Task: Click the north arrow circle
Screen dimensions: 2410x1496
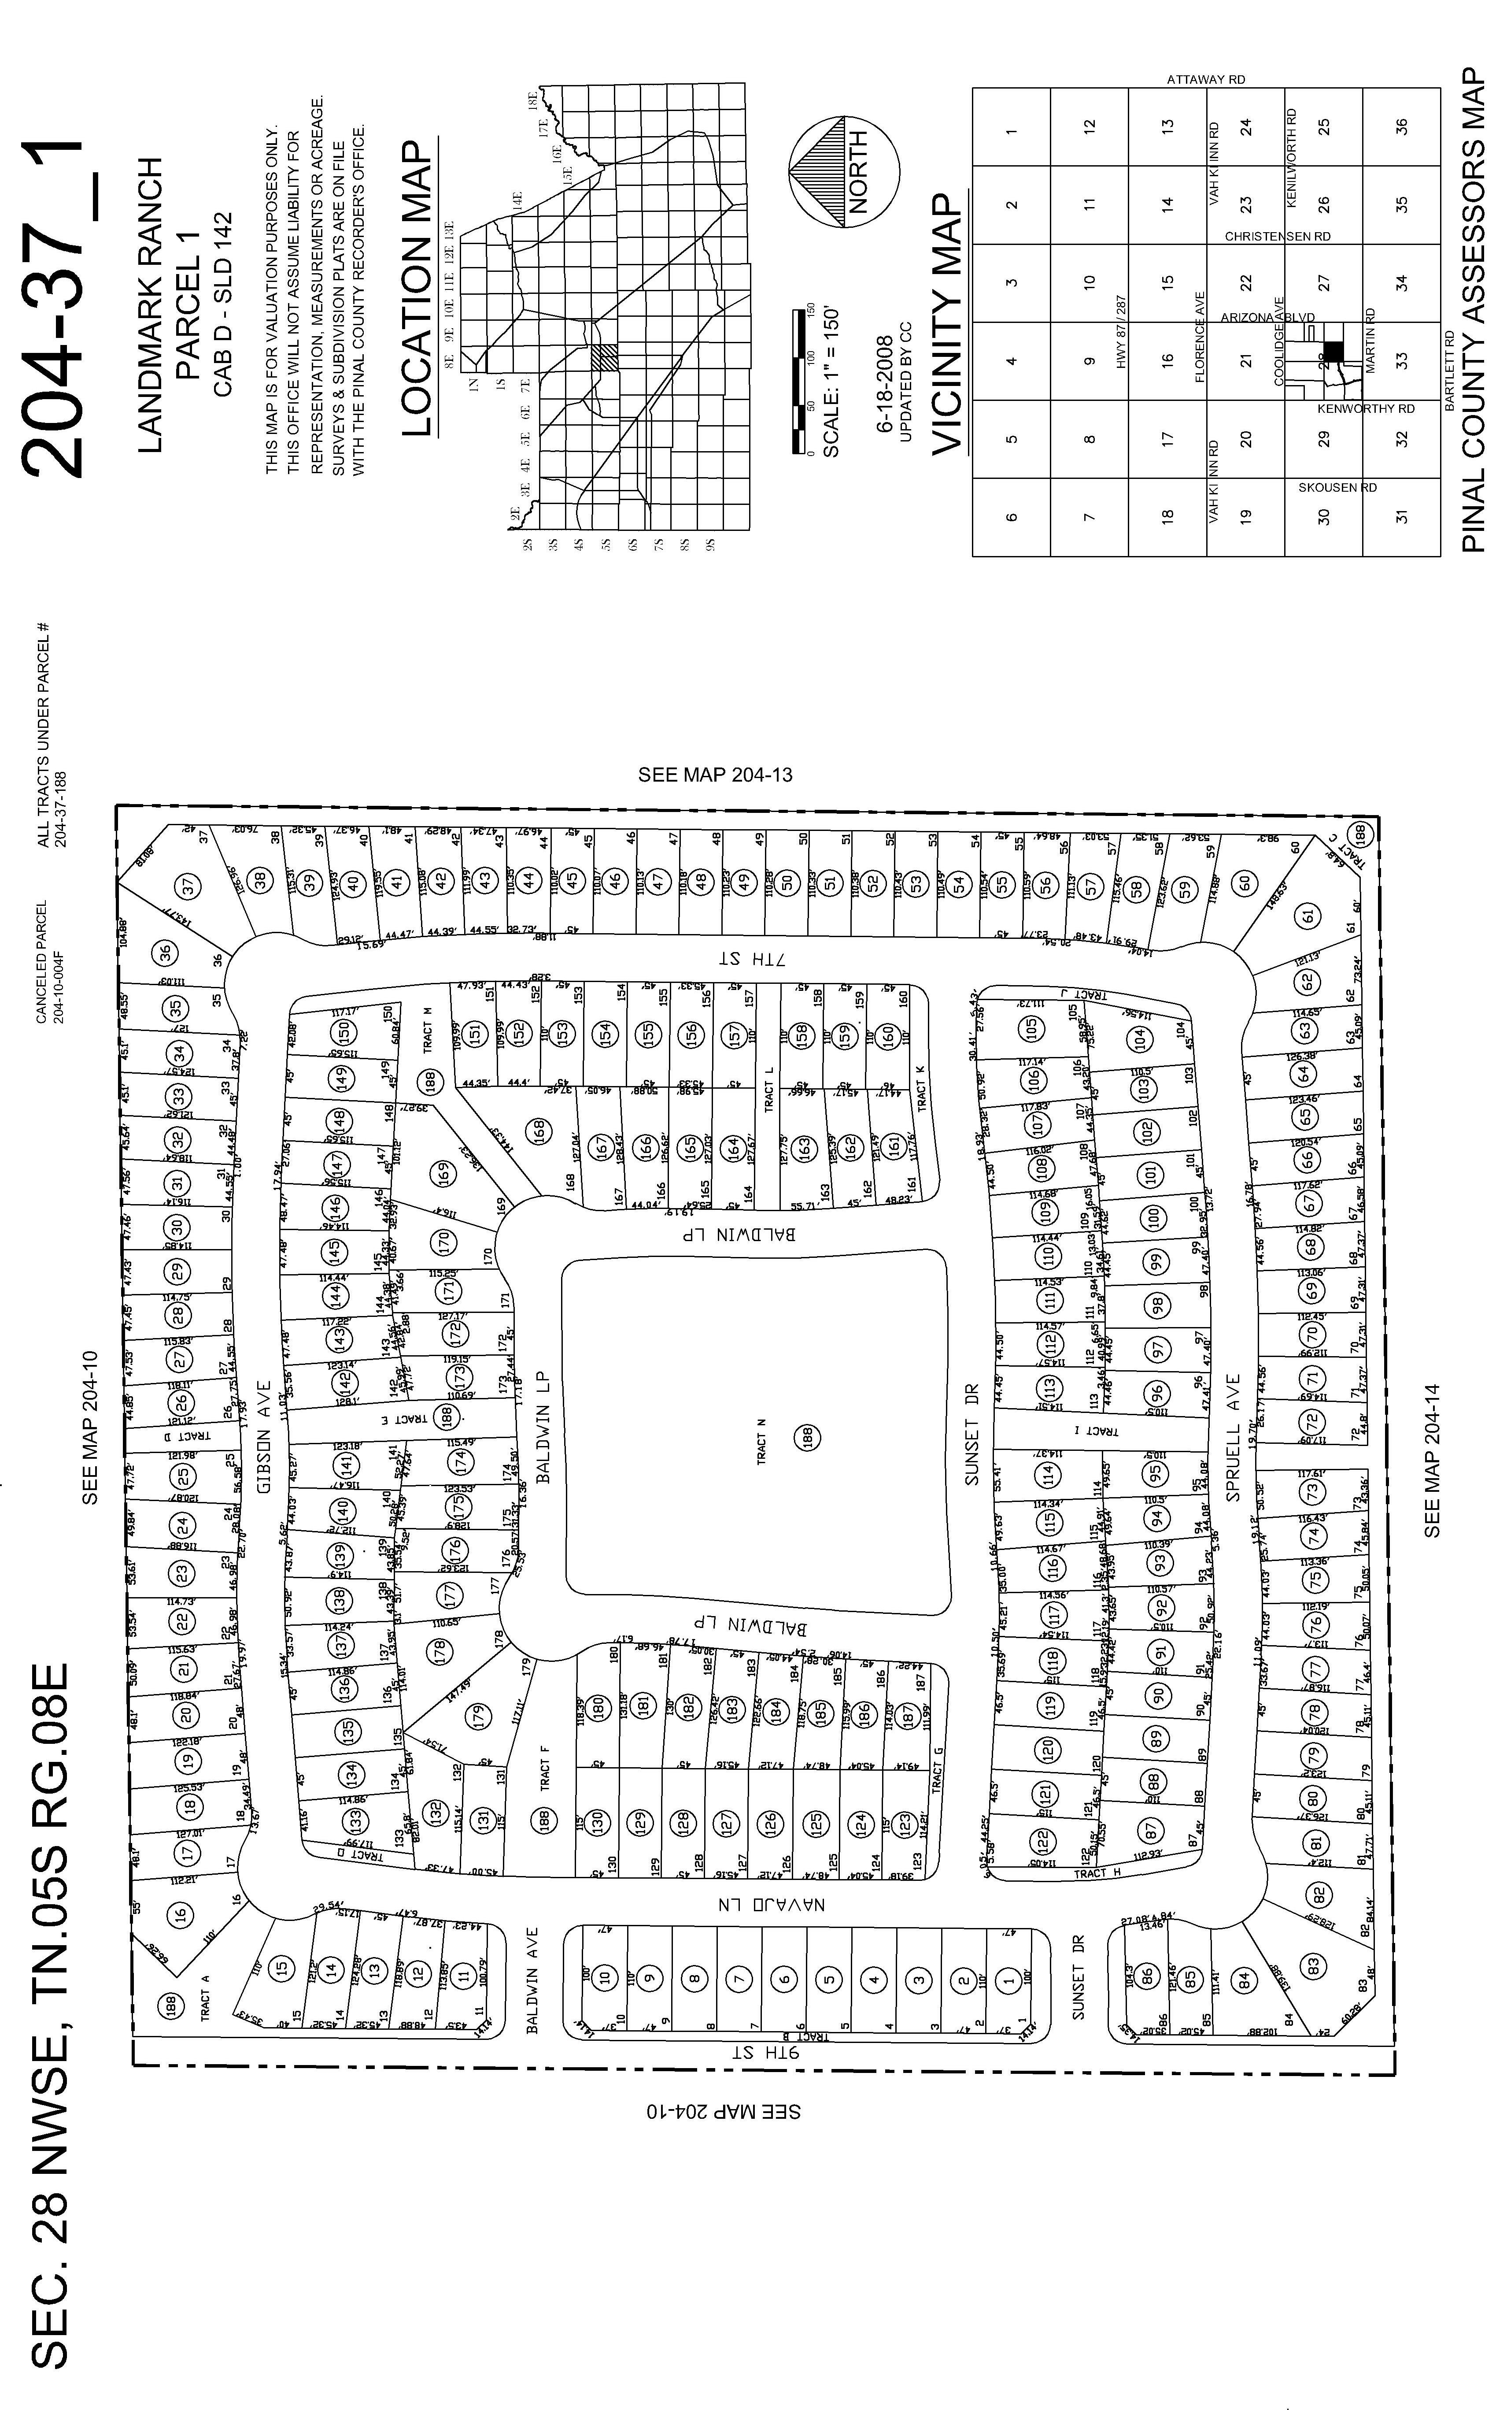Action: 844,172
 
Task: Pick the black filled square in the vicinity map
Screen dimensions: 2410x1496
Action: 1334,350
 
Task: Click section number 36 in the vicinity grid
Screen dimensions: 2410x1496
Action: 1401,127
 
